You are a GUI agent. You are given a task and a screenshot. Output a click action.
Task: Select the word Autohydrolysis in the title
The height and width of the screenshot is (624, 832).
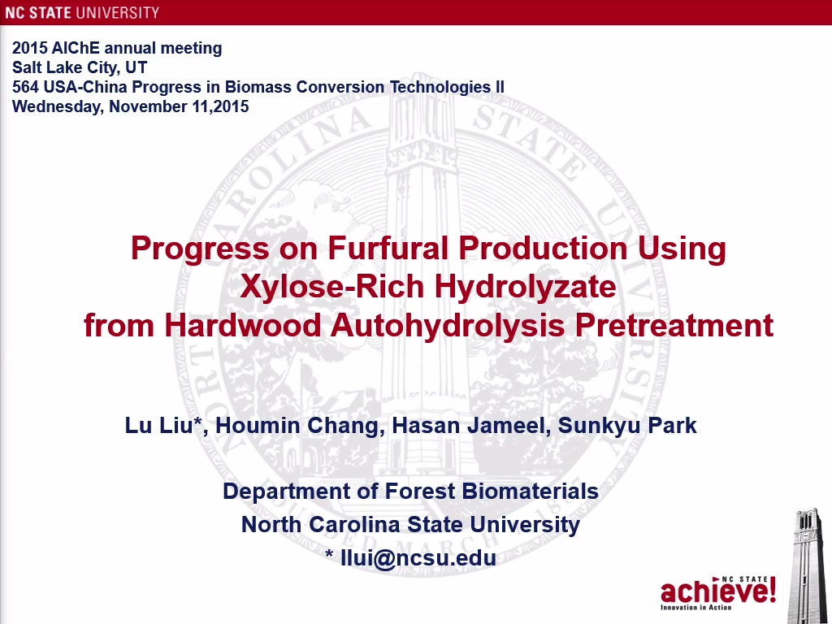pos(448,325)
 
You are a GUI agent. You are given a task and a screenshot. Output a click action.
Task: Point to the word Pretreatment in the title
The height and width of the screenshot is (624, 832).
pos(674,325)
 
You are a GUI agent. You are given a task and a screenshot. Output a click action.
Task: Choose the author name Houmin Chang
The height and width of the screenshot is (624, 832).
pos(297,426)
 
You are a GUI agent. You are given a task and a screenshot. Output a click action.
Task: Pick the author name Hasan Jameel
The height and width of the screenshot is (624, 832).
pos(469,426)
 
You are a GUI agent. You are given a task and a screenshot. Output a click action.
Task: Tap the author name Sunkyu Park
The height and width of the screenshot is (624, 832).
pos(627,426)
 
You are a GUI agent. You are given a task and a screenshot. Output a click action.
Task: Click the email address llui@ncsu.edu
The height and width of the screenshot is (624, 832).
pos(418,557)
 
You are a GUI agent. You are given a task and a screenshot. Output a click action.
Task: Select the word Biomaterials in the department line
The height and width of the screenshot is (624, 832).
pos(530,491)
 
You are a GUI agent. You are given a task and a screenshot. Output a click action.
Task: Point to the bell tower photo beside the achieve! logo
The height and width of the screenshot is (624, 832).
pos(808,565)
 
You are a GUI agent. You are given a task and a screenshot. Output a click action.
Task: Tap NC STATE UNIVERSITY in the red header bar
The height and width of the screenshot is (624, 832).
pos(82,13)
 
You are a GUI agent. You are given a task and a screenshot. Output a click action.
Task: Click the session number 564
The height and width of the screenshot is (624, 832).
pos(25,86)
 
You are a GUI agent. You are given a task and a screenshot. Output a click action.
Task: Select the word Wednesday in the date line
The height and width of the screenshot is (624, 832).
pos(58,106)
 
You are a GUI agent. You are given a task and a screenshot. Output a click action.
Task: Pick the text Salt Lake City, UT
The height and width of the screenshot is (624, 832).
pos(80,67)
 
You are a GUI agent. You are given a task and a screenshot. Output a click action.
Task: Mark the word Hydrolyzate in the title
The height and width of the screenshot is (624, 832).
pos(526,287)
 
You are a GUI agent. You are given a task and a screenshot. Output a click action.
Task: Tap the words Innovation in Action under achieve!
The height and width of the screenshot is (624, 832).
pos(696,607)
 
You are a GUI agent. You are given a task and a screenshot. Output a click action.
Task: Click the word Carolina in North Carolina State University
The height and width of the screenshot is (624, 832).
pos(354,524)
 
